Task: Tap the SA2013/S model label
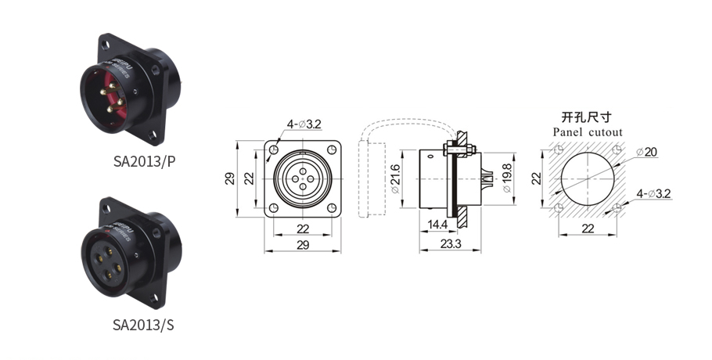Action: (x=144, y=324)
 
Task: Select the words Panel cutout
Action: (x=588, y=132)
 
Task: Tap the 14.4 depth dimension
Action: (x=437, y=224)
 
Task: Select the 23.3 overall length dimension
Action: (x=450, y=244)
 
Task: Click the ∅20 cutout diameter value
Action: (x=650, y=151)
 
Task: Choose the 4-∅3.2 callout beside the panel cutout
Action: (x=653, y=193)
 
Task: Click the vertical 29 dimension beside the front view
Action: (x=230, y=178)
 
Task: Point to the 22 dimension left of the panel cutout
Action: (x=537, y=178)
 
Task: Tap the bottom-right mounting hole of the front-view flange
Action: (x=332, y=207)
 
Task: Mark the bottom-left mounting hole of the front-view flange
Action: (x=275, y=207)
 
